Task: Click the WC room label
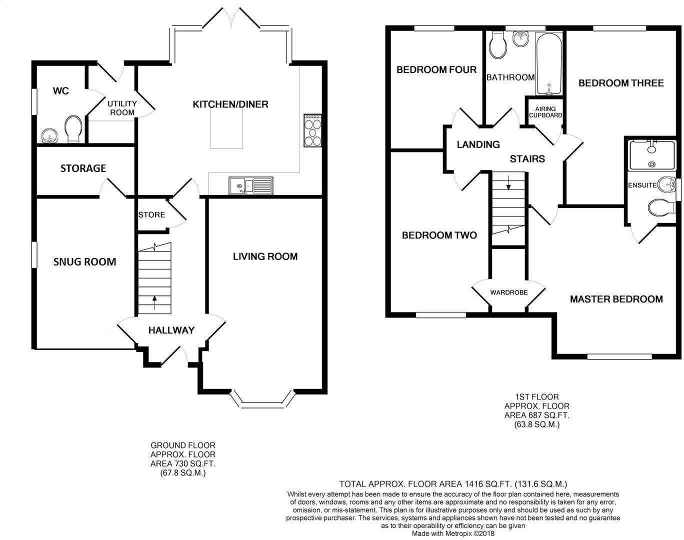point(60,91)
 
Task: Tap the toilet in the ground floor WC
point(73,129)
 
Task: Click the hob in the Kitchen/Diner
point(312,130)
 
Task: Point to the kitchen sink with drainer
point(251,185)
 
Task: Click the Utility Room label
point(122,108)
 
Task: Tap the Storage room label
point(83,168)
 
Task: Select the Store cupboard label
point(151,215)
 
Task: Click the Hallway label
point(171,330)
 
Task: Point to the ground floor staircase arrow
point(155,302)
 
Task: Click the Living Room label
point(265,256)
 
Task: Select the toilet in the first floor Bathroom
point(498,46)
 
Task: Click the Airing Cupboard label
point(545,112)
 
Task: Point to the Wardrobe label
point(509,292)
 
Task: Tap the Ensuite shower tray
point(652,155)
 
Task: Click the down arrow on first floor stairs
point(508,183)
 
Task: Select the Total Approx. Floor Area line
point(453,484)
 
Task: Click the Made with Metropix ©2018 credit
point(453,533)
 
